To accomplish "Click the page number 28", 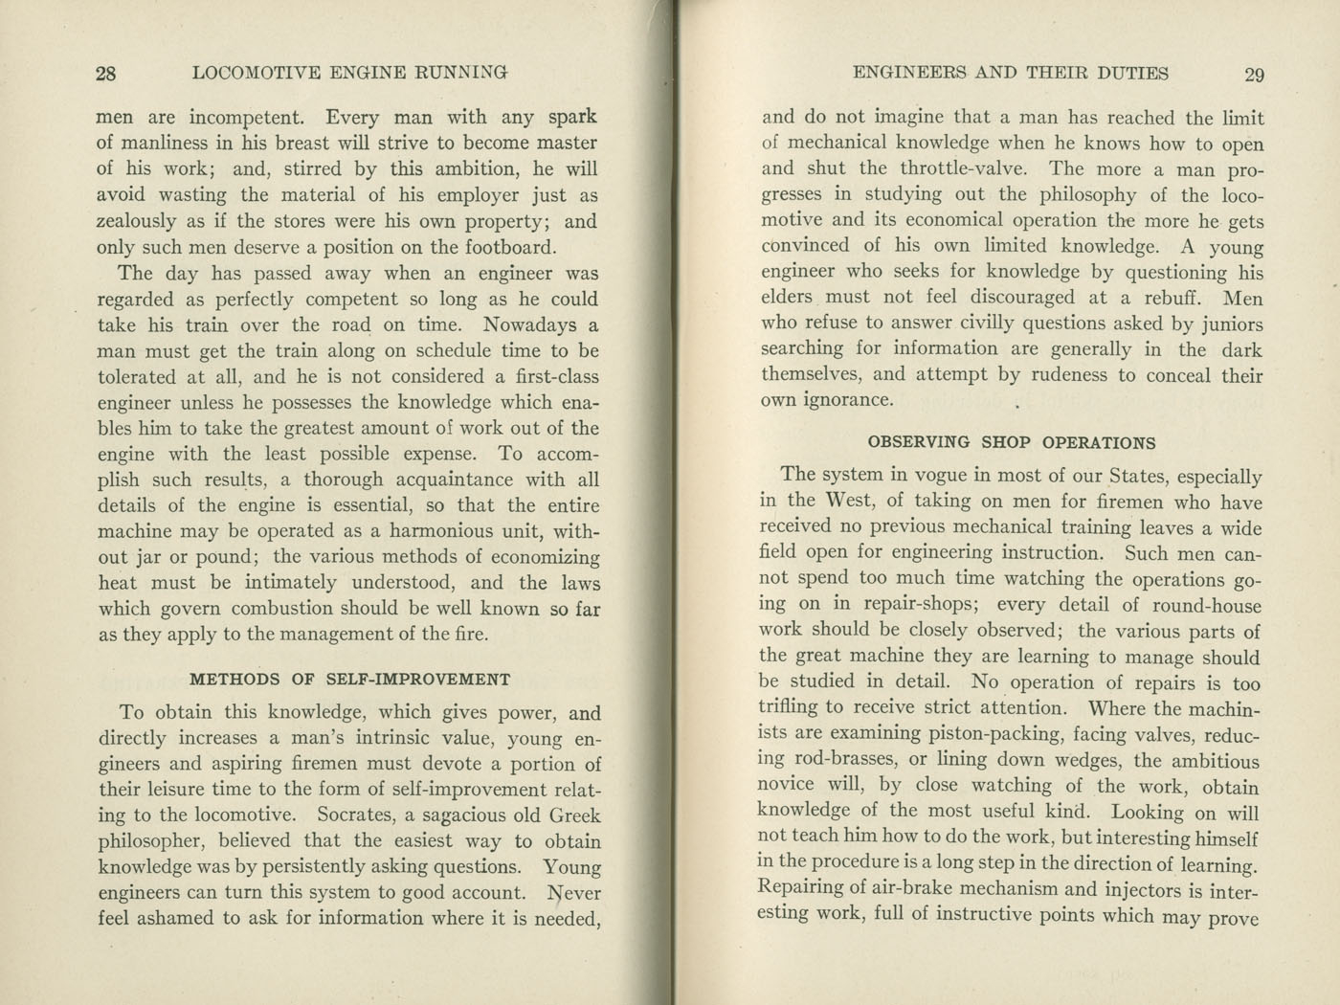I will click(105, 74).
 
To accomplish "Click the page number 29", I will click(1254, 75).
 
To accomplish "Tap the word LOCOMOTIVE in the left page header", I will click(255, 73).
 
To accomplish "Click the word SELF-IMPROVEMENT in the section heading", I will click(418, 680).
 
